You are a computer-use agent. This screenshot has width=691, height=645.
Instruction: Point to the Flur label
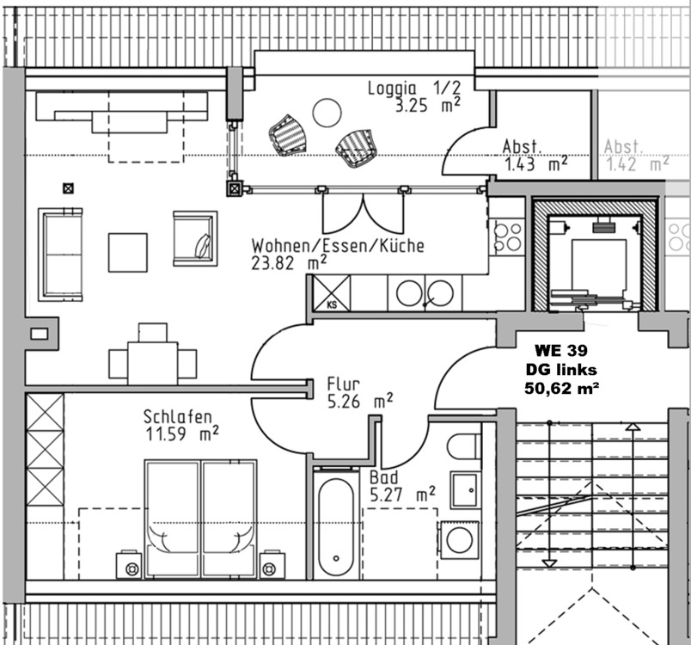click(343, 384)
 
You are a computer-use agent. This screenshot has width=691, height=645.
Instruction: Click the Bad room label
click(384, 477)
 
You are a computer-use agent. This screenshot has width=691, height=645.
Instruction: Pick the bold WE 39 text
click(560, 351)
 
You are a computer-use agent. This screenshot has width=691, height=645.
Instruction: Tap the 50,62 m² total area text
click(561, 388)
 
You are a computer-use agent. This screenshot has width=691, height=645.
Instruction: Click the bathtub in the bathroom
click(333, 527)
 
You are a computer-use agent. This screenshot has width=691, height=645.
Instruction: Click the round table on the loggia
click(327, 112)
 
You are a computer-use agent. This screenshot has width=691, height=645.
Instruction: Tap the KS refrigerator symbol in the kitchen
click(331, 293)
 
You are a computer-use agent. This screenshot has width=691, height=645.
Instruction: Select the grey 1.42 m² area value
click(636, 163)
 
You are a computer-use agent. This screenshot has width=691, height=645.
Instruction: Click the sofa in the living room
click(60, 253)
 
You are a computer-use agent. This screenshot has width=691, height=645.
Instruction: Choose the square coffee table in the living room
click(127, 252)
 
